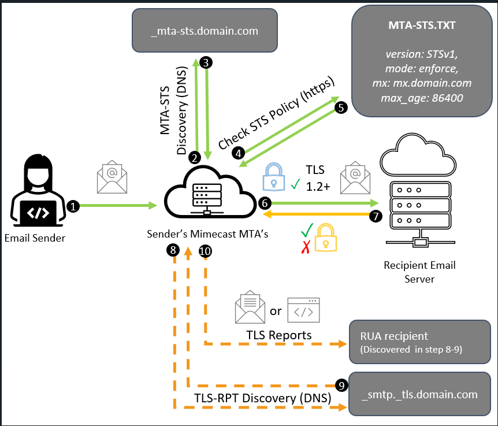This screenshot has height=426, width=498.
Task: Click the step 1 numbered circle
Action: pyautogui.click(x=73, y=206)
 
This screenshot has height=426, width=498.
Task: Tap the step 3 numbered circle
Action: pyautogui.click(x=206, y=61)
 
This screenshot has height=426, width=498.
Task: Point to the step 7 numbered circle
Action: pyautogui.click(x=375, y=216)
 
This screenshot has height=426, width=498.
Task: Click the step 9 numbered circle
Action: pyautogui.click(x=341, y=384)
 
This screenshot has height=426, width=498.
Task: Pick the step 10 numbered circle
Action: pyautogui.click(x=205, y=250)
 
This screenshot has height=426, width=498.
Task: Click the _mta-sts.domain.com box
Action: pyautogui.click(x=205, y=31)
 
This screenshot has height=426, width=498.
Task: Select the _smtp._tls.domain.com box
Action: pyautogui.click(x=420, y=395)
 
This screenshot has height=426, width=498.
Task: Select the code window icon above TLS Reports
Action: pyautogui.click(x=304, y=310)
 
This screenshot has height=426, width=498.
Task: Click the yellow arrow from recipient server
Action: pyautogui.click(x=318, y=214)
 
